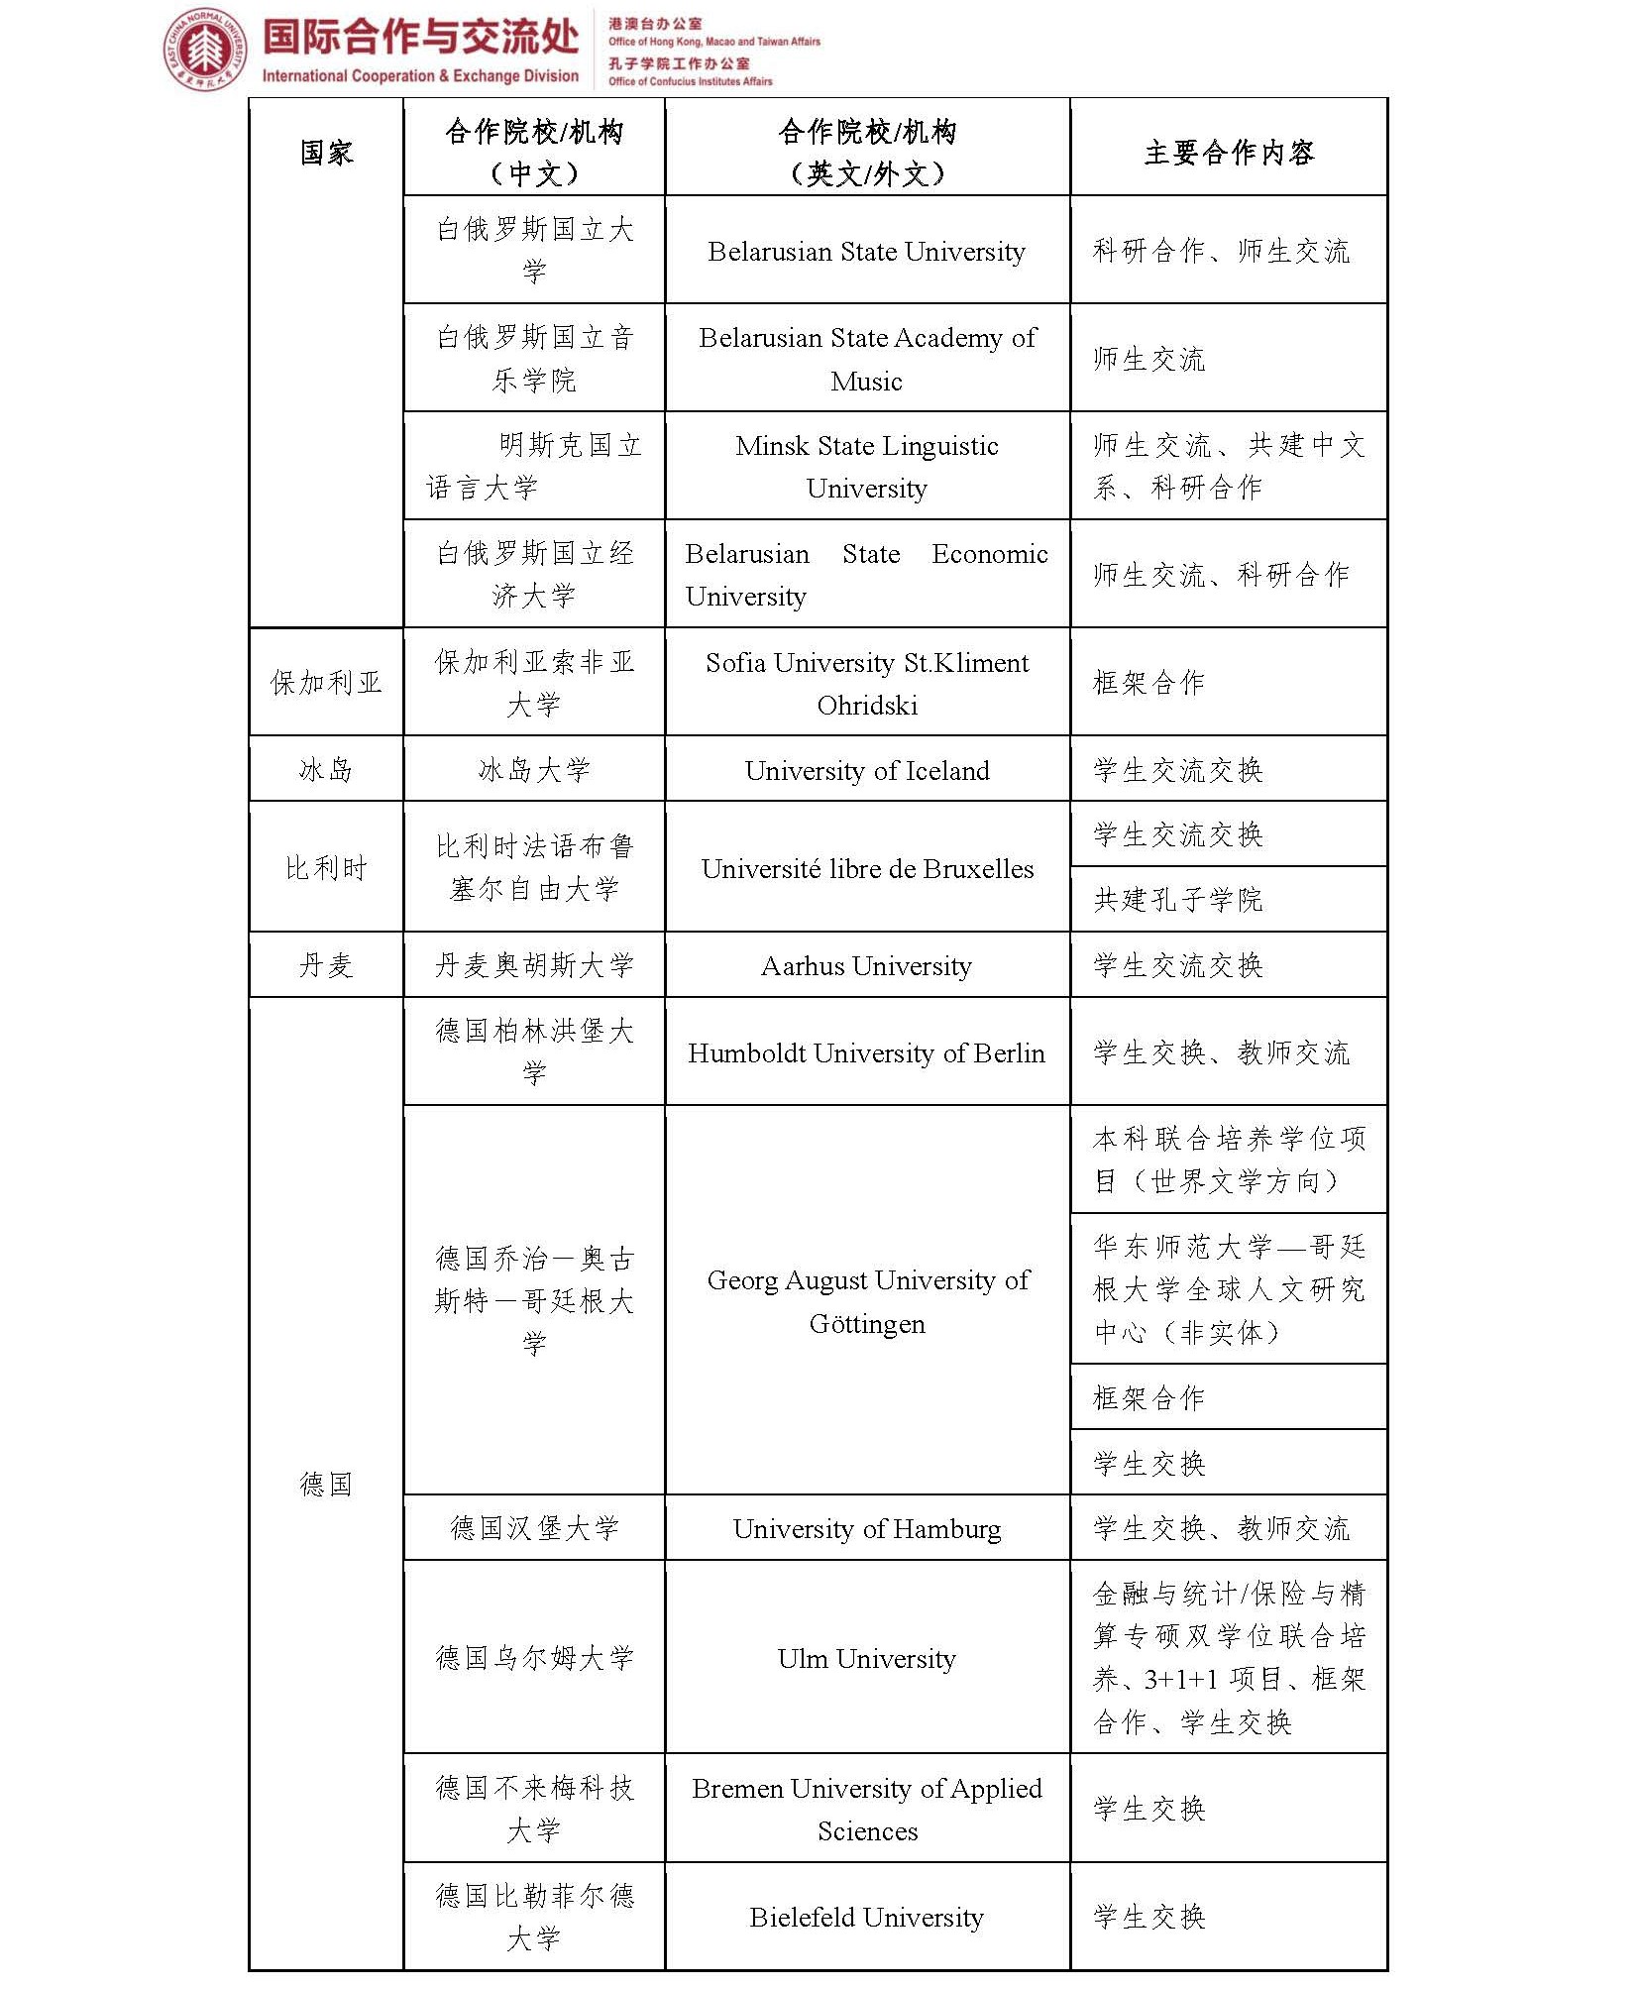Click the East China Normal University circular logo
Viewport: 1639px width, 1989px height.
click(x=205, y=49)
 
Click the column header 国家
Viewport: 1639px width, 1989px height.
click(x=326, y=153)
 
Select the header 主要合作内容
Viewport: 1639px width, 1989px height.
click(x=1229, y=153)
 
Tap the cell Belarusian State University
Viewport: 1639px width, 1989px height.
click(x=866, y=252)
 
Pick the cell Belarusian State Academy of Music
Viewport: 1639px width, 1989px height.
click(x=866, y=359)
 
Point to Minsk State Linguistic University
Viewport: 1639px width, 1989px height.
click(x=866, y=467)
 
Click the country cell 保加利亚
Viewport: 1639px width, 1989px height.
click(x=326, y=683)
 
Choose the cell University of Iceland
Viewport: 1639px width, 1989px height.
click(x=866, y=770)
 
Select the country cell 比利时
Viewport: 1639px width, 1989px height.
click(x=326, y=868)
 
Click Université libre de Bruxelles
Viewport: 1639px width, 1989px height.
click(x=866, y=869)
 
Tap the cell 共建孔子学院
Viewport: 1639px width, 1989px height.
click(x=1177, y=900)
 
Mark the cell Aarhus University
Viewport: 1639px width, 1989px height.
click(x=866, y=966)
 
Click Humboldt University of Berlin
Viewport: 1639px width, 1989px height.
click(x=866, y=1053)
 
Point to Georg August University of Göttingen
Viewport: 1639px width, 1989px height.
click(x=866, y=1301)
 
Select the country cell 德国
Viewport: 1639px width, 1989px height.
click(x=326, y=1484)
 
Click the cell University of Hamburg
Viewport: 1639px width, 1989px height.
click(x=866, y=1529)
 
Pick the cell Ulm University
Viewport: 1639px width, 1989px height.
click(x=866, y=1659)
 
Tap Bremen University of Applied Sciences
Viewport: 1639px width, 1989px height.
click(x=866, y=1810)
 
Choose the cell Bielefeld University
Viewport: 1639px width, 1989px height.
click(x=866, y=1918)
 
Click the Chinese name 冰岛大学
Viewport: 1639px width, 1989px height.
click(x=534, y=770)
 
